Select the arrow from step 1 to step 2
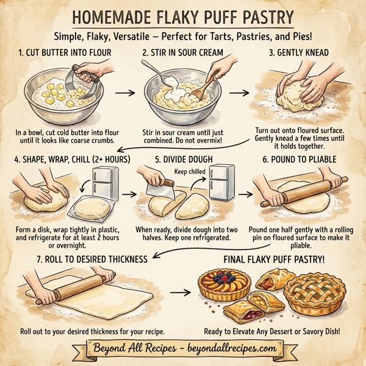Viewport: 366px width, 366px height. pyautogui.click(x=125, y=93)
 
